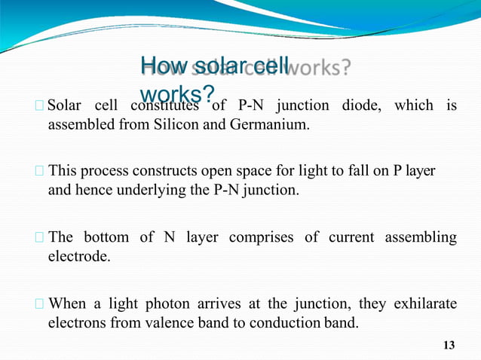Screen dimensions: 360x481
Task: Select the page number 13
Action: click(449, 345)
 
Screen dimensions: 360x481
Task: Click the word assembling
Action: click(420, 237)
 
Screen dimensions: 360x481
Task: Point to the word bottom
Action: click(106, 237)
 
